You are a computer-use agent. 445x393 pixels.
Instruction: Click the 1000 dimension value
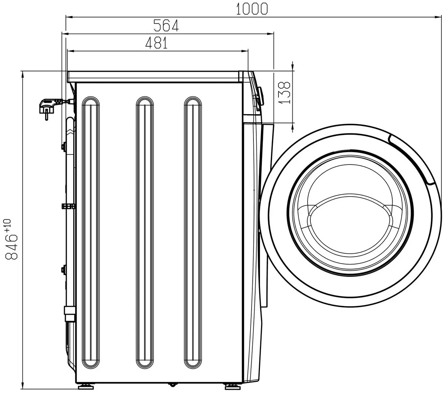(252, 8)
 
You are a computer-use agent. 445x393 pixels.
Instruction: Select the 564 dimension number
(166, 26)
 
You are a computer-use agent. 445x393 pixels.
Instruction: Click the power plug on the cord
(47, 107)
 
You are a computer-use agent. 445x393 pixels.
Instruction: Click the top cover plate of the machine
(153, 76)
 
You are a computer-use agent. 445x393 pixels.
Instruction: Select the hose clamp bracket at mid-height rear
(68, 206)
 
